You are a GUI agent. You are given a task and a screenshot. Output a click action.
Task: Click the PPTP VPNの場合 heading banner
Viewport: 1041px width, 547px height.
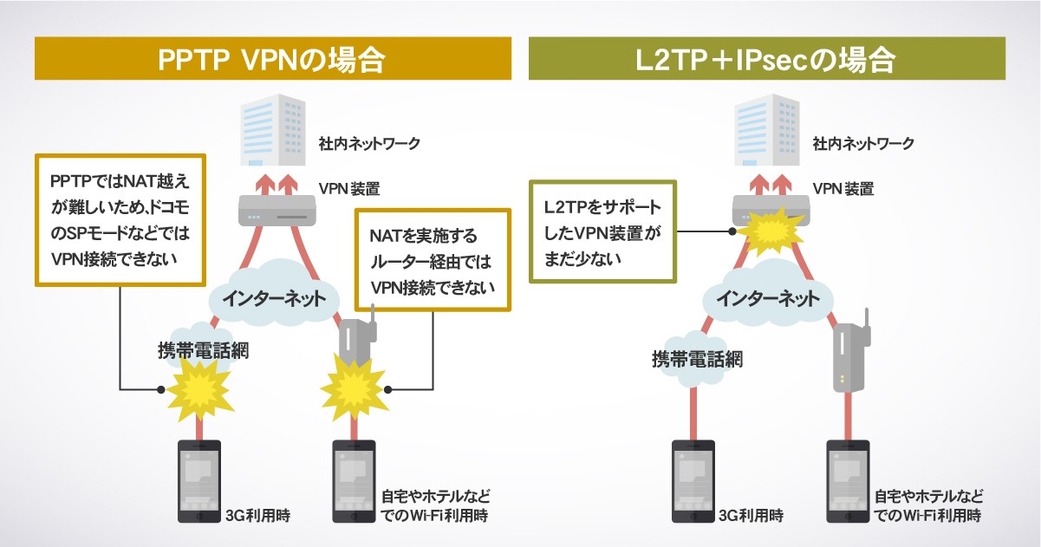(272, 59)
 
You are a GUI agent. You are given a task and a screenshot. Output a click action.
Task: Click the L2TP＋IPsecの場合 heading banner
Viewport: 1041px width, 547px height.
(766, 59)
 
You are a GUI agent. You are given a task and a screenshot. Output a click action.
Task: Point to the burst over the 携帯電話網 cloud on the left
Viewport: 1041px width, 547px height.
(200, 387)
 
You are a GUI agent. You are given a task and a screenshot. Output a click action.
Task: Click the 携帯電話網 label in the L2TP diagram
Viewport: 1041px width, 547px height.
(697, 359)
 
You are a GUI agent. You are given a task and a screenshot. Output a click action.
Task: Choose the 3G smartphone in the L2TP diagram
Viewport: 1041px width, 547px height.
(693, 481)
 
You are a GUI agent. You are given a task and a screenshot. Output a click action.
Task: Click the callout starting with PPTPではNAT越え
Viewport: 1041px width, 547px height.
(119, 219)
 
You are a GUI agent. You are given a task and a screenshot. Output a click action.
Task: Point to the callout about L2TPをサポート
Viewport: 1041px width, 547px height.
(602, 231)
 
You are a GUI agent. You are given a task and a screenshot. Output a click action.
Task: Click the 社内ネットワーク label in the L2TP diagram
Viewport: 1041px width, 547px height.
(863, 143)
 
